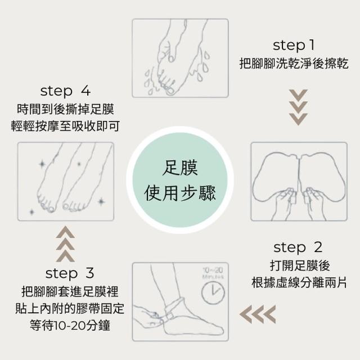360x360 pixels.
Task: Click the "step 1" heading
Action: [x=294, y=46]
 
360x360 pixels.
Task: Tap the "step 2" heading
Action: [x=298, y=247]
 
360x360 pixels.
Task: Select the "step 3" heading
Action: [x=70, y=273]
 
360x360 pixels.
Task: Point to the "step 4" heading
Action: [x=65, y=91]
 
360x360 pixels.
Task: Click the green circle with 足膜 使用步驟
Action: [x=180, y=180]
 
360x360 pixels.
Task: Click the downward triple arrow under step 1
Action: [x=298, y=107]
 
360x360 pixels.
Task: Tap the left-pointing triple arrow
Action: [x=258, y=314]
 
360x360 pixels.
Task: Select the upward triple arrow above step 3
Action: [x=65, y=244]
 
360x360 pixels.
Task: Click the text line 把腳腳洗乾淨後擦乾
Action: [x=294, y=64]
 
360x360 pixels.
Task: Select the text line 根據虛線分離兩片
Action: [x=299, y=282]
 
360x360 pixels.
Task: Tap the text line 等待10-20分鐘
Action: [x=70, y=325]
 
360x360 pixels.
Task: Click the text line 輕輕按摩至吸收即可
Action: [x=65, y=126]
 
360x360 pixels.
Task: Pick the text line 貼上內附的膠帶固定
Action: [x=70, y=308]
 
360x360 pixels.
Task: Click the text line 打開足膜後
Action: [x=300, y=265]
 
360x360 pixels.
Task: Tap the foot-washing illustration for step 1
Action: [x=180, y=58]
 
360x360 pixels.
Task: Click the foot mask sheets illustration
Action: [x=299, y=182]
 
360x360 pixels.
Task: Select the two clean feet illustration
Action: [x=66, y=182]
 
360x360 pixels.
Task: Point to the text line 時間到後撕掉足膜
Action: [x=65, y=109]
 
